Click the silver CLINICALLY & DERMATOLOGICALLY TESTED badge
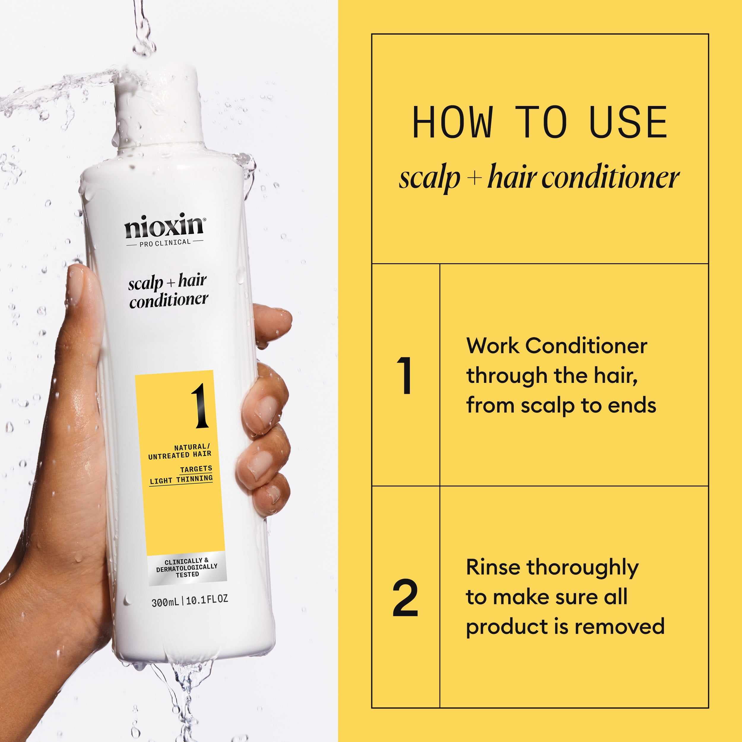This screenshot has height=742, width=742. coord(187,568)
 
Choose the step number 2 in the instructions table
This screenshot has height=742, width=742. coord(405,598)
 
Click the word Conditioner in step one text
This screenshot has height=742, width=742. coord(586,346)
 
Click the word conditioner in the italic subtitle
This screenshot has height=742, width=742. coord(610,178)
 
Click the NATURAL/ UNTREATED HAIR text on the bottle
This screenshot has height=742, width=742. coord(180,451)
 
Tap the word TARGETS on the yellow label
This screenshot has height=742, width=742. coord(196,469)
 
